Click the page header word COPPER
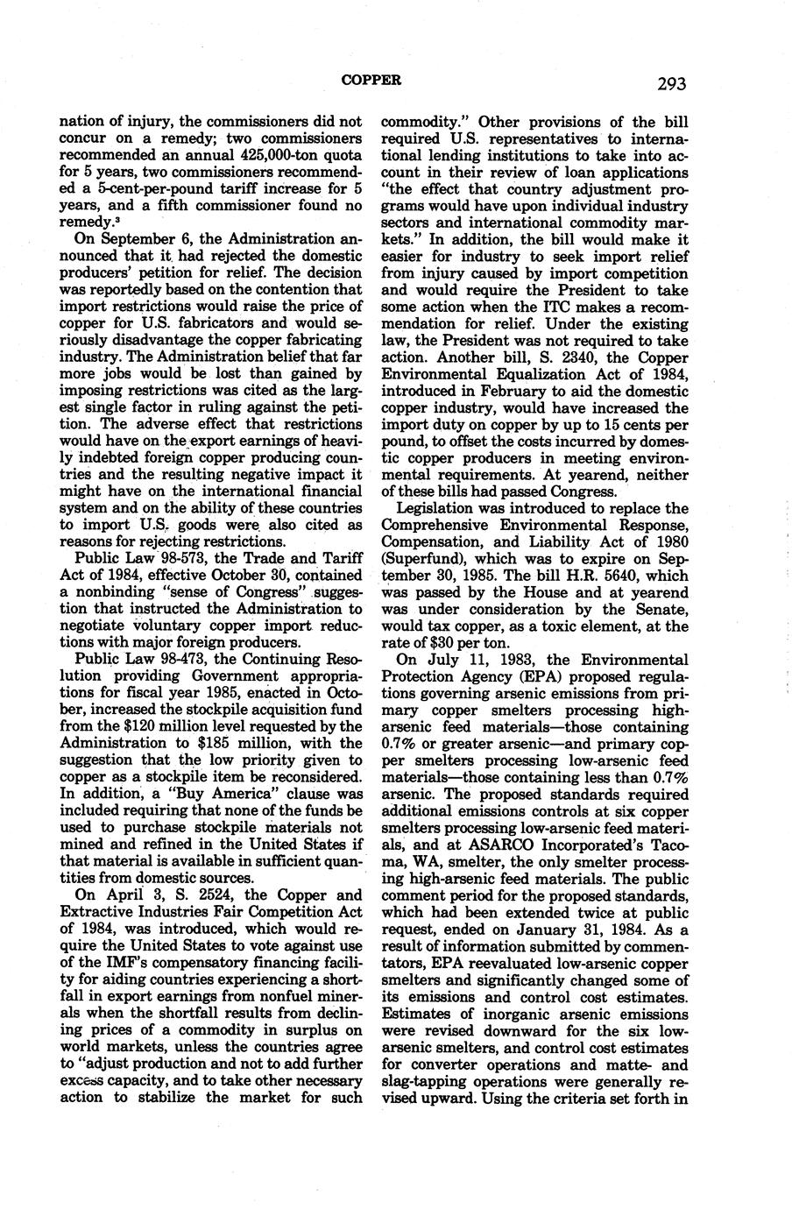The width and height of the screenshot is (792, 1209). pos(371,80)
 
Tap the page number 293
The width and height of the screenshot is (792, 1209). pos(668,84)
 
